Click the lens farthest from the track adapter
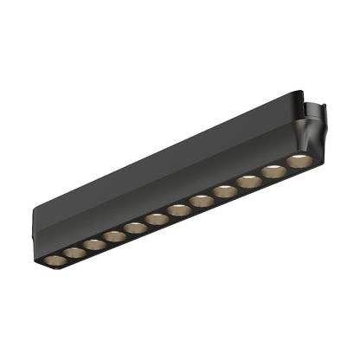[x=54, y=260]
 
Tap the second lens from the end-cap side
[x=74, y=253]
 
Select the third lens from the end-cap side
[x=93, y=245]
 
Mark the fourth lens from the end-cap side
[x=113, y=236]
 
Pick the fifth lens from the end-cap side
[x=134, y=228]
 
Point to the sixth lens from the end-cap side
[x=156, y=218]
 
